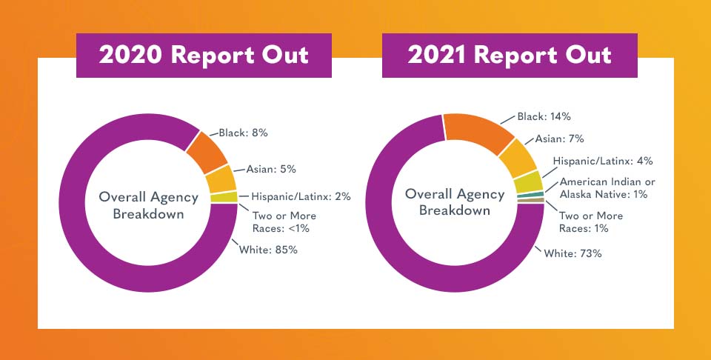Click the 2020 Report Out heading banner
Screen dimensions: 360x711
pyautogui.click(x=204, y=56)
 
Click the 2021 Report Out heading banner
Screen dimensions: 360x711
pyautogui.click(x=510, y=56)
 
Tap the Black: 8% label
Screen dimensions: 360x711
pyautogui.click(x=243, y=133)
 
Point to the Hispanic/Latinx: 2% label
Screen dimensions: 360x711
pyautogui.click(x=301, y=197)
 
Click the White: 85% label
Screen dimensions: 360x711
pyautogui.click(x=268, y=250)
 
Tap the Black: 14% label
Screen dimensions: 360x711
pyautogui.click(x=544, y=116)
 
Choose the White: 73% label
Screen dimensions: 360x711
pyautogui.click(x=574, y=253)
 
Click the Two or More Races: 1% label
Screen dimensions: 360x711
pyautogui.click(x=591, y=221)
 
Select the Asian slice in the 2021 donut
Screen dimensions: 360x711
pyautogui.click(x=515, y=158)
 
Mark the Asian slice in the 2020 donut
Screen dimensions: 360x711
pyautogui.click(x=221, y=179)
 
